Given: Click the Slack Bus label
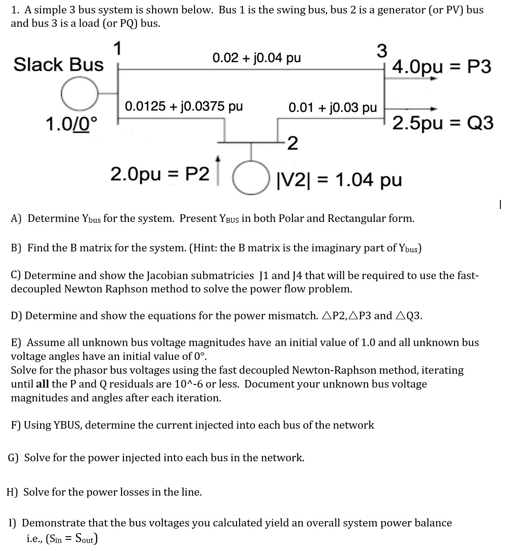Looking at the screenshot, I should click(58, 65).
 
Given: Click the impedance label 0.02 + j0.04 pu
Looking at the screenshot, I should click(257, 58).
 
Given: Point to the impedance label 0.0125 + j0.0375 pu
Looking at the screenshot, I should click(184, 106).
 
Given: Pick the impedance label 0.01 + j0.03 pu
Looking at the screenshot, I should click(332, 108).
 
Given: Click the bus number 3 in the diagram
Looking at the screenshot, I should click(381, 51).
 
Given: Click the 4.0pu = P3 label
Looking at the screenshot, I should click(441, 67).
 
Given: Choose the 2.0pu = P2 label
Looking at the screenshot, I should click(160, 175).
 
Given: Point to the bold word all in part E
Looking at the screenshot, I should click(42, 384).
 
